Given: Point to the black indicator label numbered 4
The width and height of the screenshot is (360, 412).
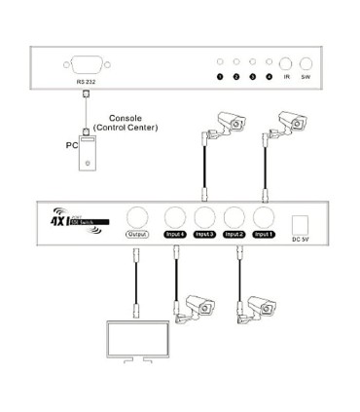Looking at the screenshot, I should pos(269,76).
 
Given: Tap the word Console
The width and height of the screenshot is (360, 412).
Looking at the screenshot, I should pos(129,118).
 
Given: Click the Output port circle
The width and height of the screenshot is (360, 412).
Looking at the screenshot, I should pos(136,218).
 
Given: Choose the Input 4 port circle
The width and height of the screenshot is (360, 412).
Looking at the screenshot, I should pos(175,218).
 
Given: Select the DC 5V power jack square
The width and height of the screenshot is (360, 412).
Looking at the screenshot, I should pos(301,220).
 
